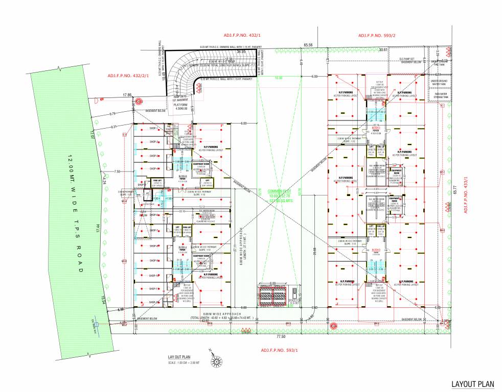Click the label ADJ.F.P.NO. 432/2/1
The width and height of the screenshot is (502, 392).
(128, 76)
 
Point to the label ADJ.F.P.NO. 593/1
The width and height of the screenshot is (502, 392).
(280, 350)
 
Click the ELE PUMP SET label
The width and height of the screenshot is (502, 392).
(409, 59)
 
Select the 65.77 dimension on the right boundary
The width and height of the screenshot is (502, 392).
(454, 191)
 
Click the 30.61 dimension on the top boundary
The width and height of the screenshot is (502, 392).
(384, 50)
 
